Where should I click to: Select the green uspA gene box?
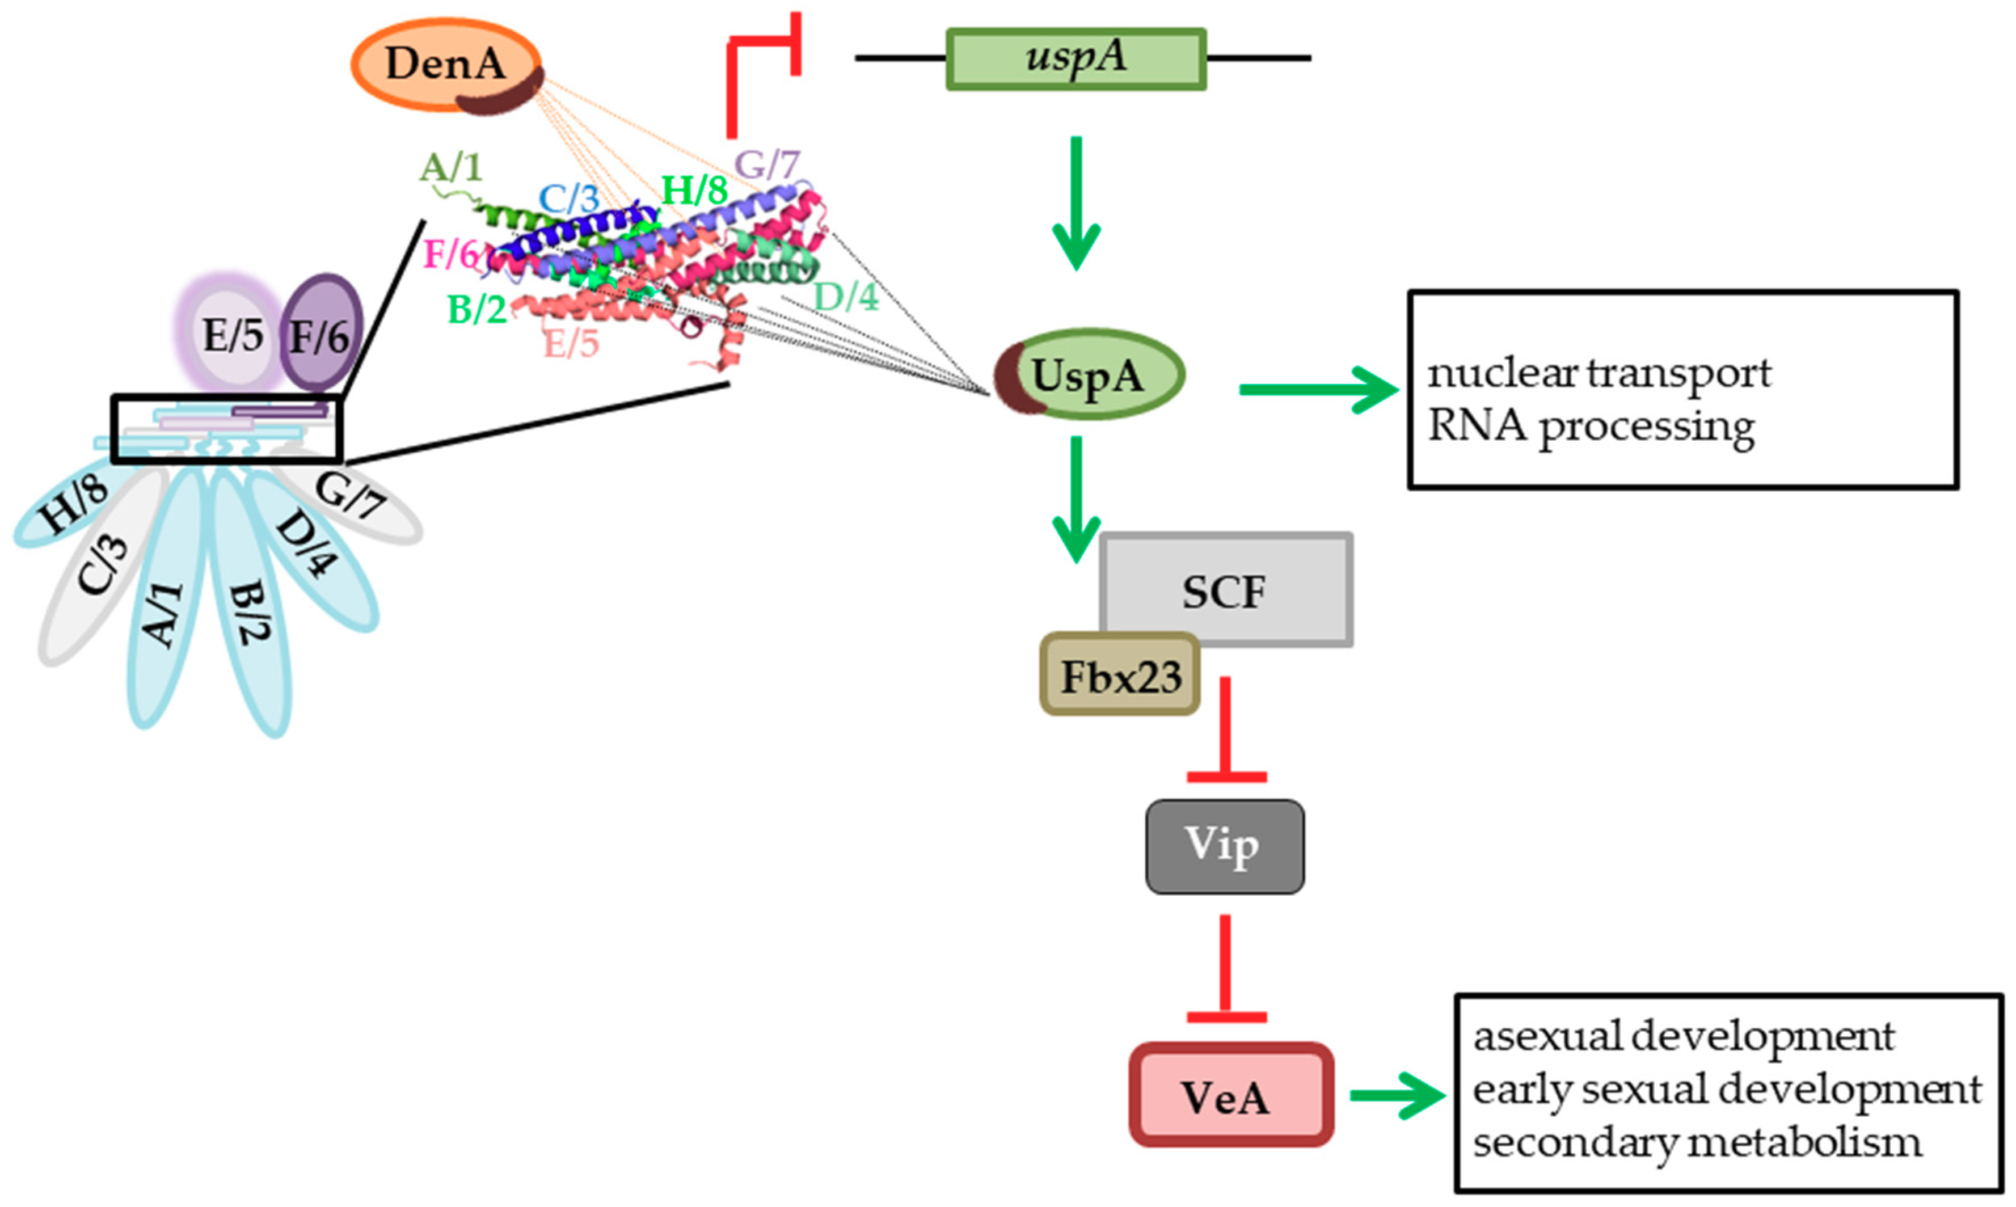click(1075, 58)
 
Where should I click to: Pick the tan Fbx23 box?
click(1120, 675)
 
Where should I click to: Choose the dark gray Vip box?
click(1224, 846)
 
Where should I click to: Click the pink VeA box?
click(1230, 1096)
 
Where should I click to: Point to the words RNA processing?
click(1590, 426)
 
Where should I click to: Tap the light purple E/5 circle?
click(233, 334)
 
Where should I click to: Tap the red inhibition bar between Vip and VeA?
click(1225, 968)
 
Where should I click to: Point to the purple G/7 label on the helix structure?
click(766, 165)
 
